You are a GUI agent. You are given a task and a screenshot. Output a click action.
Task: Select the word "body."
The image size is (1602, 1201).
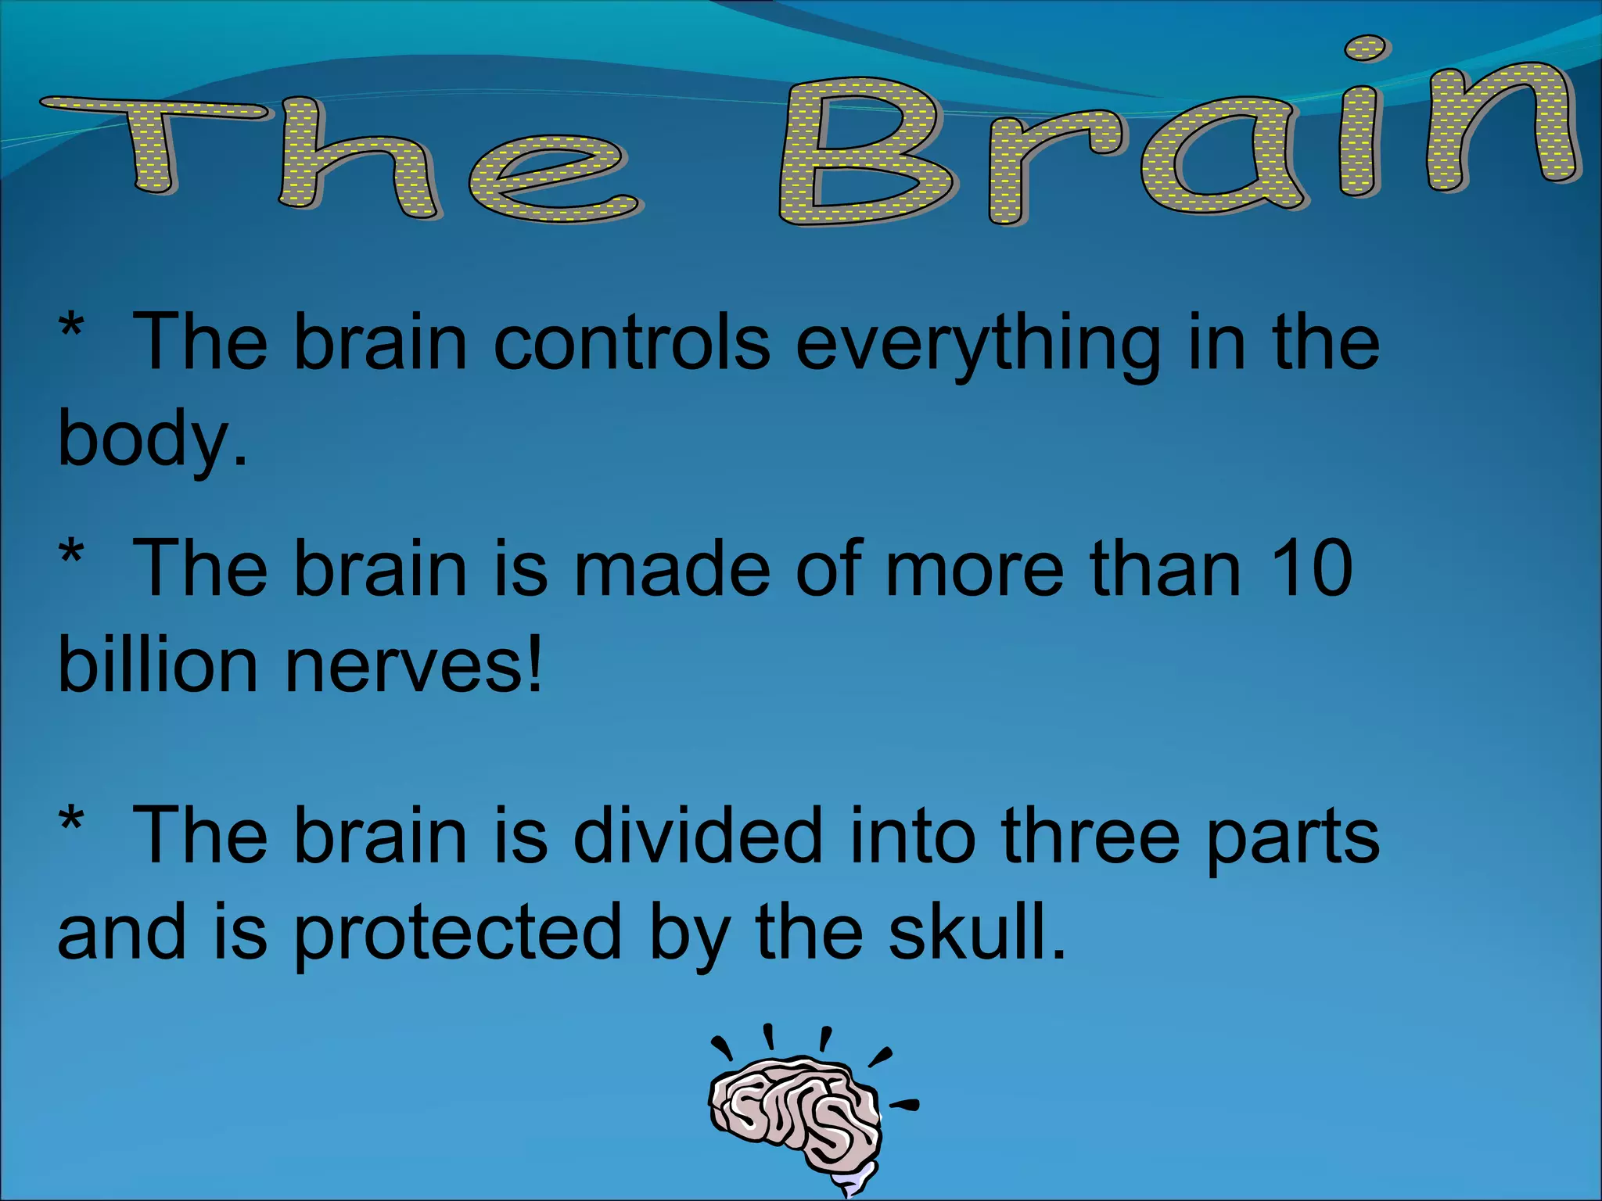[153, 439]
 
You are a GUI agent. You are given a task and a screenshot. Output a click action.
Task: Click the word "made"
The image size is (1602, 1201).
[671, 568]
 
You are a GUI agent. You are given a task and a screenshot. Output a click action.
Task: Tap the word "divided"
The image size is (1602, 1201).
[698, 836]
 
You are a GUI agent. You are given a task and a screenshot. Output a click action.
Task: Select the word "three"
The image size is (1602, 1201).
[1090, 836]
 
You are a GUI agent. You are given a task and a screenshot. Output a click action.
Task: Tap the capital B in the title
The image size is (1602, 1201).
[864, 152]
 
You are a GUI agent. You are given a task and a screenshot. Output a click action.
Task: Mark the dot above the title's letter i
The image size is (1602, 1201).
[1367, 48]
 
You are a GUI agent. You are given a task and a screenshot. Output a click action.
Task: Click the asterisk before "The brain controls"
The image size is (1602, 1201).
[71, 324]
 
